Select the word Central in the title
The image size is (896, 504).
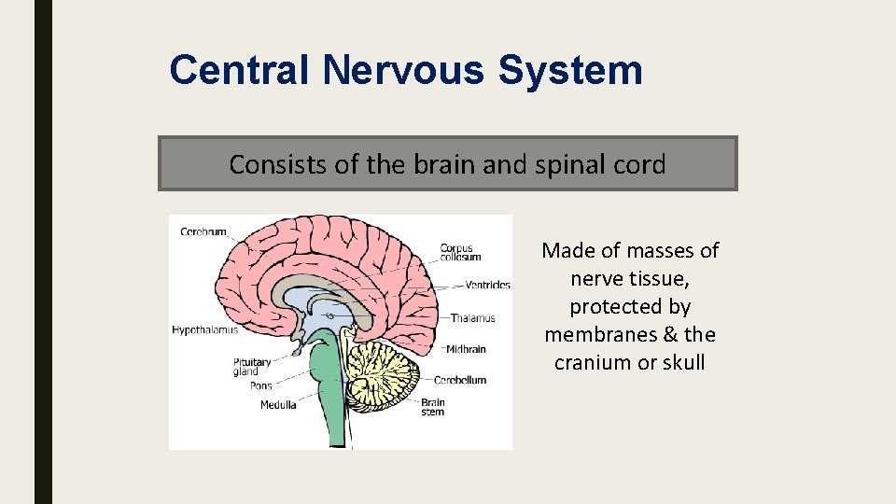click(x=242, y=70)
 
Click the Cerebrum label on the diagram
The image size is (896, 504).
click(x=203, y=231)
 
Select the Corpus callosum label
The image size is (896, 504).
click(x=461, y=253)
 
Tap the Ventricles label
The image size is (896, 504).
click(x=487, y=286)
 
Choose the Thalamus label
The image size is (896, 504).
click(x=472, y=318)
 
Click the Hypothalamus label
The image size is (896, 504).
click(x=204, y=329)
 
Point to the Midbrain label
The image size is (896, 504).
click(x=465, y=350)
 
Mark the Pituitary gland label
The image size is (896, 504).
click(x=252, y=367)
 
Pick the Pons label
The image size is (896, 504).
click(x=260, y=385)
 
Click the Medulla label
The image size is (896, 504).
click(x=278, y=405)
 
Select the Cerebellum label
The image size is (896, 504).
click(x=460, y=380)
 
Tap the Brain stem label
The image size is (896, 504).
click(x=432, y=408)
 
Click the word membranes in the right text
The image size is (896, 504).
click(x=587, y=334)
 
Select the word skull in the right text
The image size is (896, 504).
click(x=682, y=362)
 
